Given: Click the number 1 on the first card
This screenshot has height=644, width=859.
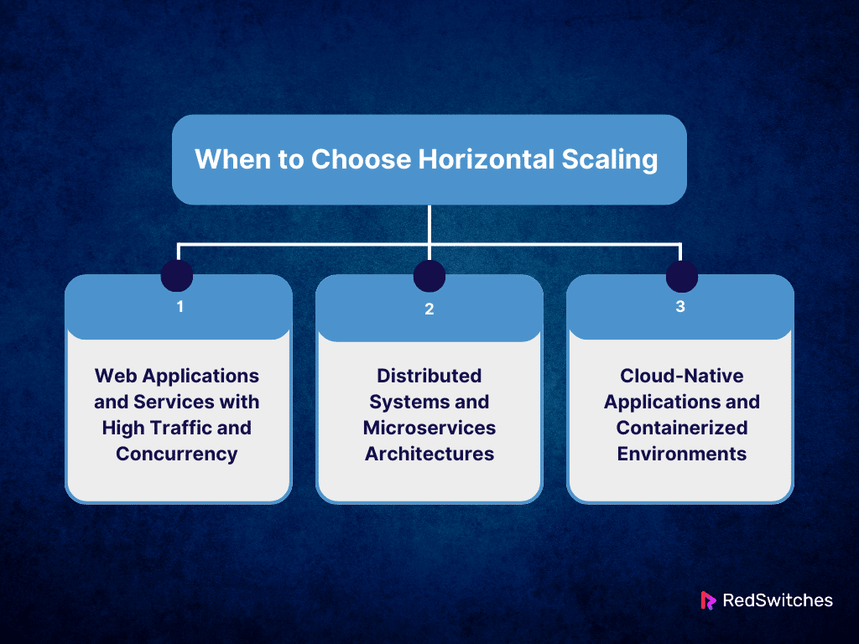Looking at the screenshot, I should click(x=180, y=307).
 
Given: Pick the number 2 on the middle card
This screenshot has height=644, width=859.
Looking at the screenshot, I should click(x=429, y=309).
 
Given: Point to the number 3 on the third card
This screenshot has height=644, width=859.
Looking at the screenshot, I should click(x=680, y=307).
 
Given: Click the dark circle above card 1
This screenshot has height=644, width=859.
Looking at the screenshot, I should click(x=177, y=275).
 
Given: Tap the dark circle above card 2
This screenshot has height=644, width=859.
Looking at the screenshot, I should click(x=429, y=275).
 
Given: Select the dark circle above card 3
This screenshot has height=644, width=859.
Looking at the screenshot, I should click(x=682, y=275).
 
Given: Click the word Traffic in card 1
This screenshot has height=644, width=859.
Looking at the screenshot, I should click(x=187, y=428).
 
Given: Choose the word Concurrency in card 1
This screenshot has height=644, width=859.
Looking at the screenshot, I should click(x=177, y=454).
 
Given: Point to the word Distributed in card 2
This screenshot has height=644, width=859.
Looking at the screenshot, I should click(x=429, y=376).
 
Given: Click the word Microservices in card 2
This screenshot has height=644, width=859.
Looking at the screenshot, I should click(x=429, y=428).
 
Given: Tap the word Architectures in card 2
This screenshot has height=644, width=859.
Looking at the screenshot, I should click(x=429, y=454).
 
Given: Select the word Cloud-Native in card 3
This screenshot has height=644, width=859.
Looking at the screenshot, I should click(x=682, y=376).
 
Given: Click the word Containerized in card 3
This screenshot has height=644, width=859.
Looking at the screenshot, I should click(x=682, y=428).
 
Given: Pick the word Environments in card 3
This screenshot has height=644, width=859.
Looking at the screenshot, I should click(x=682, y=454).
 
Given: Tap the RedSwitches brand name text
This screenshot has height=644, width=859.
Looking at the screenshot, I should click(x=778, y=600).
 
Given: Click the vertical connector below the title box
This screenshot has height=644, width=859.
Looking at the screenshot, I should click(x=429, y=224).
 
